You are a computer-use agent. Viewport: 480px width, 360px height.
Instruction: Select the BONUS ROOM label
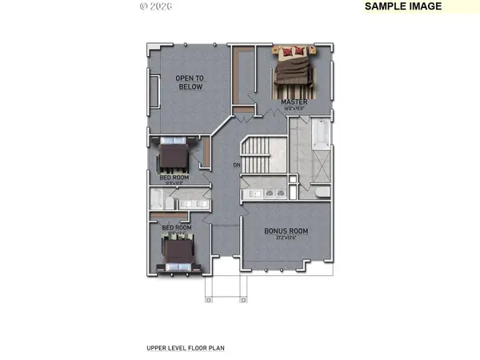286,231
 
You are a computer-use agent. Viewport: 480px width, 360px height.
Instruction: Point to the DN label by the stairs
237,165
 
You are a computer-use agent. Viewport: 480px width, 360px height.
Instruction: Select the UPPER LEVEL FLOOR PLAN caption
186,349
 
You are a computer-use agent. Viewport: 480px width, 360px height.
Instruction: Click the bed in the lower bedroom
177,256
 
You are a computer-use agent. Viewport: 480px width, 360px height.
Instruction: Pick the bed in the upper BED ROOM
174,155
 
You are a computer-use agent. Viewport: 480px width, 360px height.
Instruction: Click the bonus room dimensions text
286,238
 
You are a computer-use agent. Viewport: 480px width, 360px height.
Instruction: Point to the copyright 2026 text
155,6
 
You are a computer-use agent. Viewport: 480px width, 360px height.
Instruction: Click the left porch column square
208,300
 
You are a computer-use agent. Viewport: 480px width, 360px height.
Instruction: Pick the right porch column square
239,300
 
